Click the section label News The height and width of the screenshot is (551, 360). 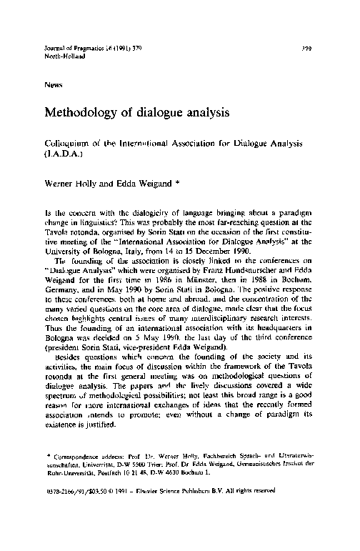[x=53, y=83]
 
